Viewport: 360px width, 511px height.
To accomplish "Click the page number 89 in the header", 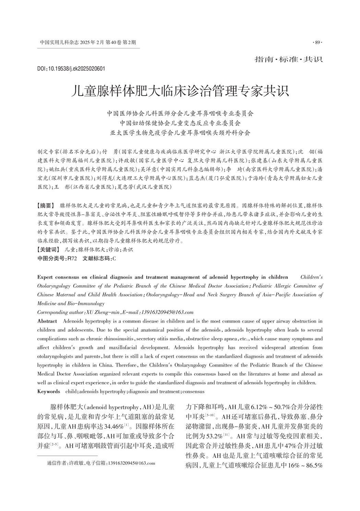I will [317, 43].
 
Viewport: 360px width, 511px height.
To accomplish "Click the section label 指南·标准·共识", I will [288, 59].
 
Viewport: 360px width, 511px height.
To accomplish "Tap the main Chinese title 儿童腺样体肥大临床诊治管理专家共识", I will [180, 91].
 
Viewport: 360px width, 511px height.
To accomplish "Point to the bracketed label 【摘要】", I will [46, 206].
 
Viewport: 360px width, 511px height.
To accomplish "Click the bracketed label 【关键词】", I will [48, 250].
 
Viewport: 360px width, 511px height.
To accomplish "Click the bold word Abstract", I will [47, 321].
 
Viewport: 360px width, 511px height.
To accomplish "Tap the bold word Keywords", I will [49, 391].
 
